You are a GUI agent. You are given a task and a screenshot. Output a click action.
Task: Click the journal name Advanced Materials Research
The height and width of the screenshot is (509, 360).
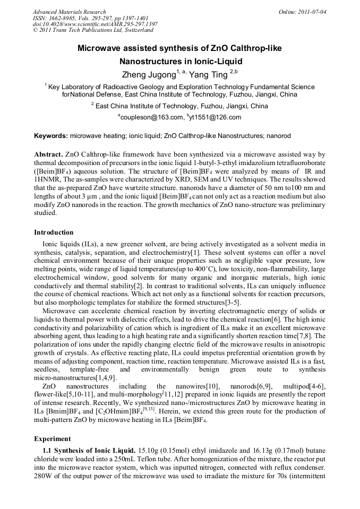pos(69,12)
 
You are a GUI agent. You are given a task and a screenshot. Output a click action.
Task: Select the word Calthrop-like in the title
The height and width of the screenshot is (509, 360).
pos(256,48)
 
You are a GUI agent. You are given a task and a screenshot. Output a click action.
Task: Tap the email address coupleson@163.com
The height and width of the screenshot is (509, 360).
pos(150,117)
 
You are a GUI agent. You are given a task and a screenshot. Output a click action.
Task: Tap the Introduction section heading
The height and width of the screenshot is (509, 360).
pos(54,232)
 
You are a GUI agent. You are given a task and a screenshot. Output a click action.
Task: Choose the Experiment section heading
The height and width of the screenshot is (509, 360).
pos(53,439)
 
